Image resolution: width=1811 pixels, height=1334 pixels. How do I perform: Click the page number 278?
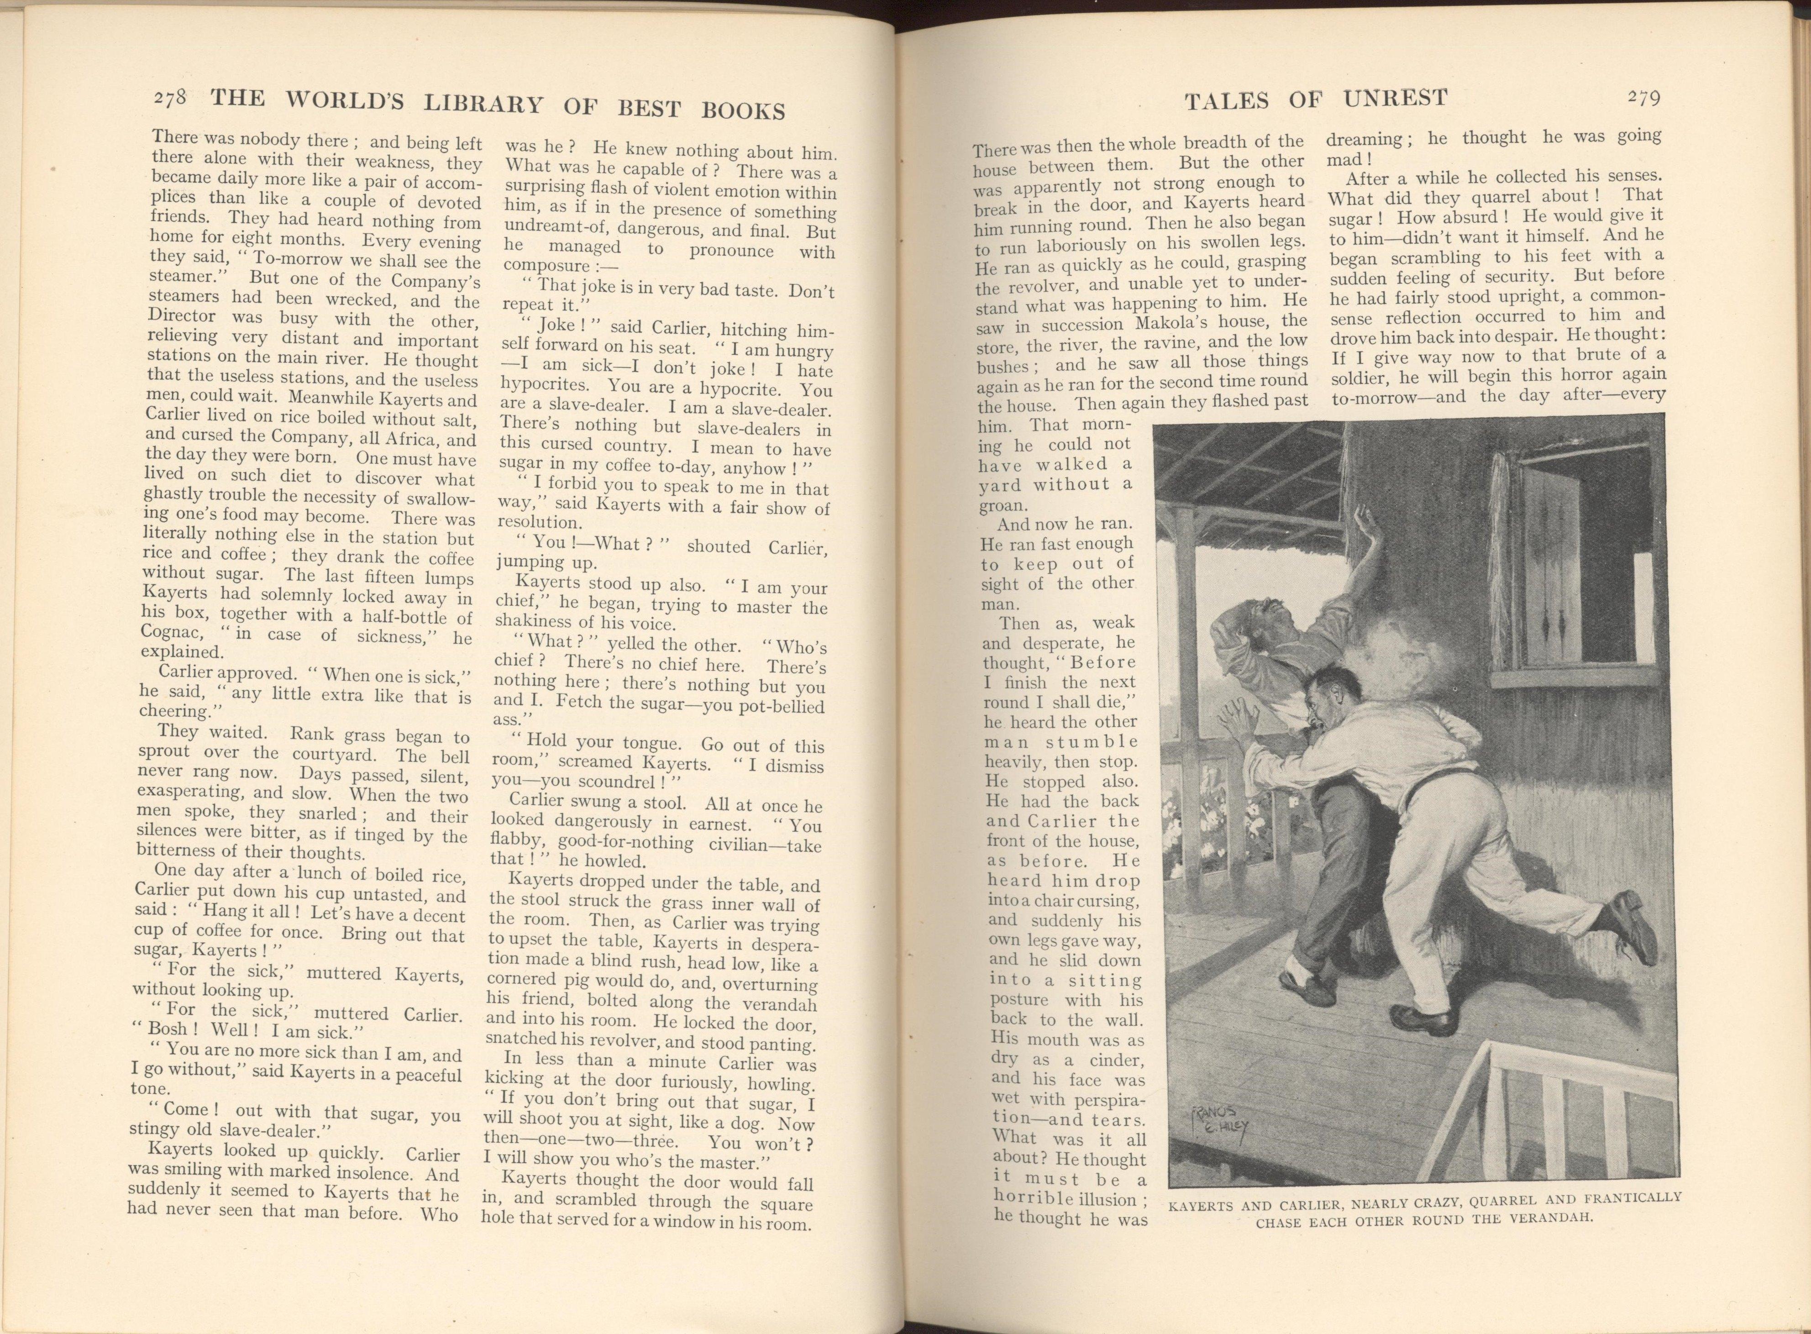tap(170, 99)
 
